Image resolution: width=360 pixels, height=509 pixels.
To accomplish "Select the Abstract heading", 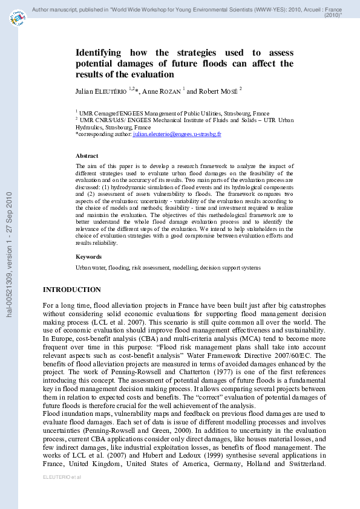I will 87,156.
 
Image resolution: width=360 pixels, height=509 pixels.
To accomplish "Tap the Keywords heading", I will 88,257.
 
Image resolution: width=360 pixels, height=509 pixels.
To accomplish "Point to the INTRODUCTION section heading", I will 71,290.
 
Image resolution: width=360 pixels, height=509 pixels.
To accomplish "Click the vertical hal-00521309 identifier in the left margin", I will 9,254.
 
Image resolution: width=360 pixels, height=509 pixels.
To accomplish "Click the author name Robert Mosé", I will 217,91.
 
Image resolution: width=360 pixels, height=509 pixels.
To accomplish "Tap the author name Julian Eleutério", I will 100,91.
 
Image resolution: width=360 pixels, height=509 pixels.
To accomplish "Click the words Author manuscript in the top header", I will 53,10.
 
